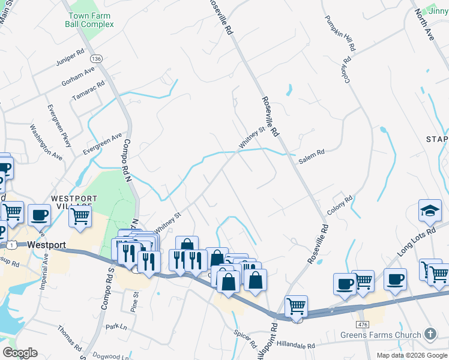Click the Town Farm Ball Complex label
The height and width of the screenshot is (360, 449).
point(90,20)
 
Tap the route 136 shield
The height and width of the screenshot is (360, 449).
point(96,59)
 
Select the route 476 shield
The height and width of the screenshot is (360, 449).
point(362,325)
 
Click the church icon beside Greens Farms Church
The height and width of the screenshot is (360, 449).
point(430,334)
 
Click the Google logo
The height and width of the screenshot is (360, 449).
point(20,352)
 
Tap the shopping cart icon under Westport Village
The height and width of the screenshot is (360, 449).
point(80,215)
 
